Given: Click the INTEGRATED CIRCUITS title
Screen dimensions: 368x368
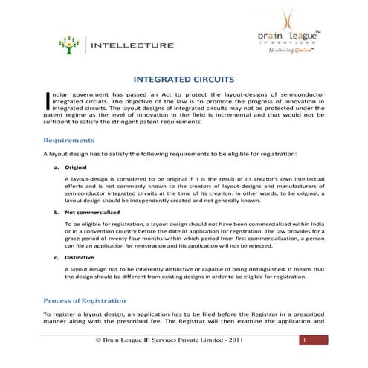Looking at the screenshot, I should pos(184,78).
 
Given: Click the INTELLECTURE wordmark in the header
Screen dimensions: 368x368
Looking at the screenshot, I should pos(132,45).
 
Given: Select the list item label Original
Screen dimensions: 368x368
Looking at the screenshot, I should pos(76,168).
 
